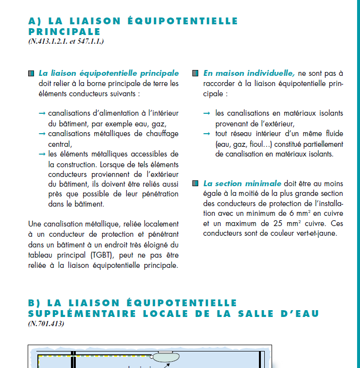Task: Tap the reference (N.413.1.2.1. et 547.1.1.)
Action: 66,41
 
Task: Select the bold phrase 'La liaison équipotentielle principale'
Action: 109,73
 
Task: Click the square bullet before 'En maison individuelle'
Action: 195,73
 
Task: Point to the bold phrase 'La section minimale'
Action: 242,184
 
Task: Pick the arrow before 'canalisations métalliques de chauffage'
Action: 42,134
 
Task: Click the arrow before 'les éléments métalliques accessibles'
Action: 42,154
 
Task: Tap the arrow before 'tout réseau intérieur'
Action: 206,134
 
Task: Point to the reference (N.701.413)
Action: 46,324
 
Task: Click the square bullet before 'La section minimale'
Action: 195,184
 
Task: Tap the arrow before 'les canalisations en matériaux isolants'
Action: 206,113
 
